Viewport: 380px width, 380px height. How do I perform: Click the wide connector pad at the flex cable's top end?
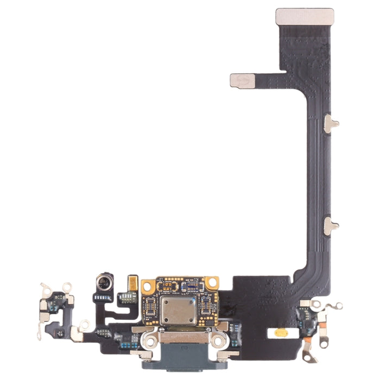point(304,16)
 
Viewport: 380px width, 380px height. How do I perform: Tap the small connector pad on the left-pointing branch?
point(243,81)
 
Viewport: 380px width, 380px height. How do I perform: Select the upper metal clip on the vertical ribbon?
point(330,124)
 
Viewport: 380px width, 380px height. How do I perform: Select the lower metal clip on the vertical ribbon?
point(330,225)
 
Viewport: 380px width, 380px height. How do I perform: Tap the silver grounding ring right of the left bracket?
point(84,325)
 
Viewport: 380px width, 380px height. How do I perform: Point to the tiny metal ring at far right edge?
point(338,306)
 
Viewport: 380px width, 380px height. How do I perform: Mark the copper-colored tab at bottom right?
point(307,341)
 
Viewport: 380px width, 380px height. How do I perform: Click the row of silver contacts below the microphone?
point(103,298)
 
